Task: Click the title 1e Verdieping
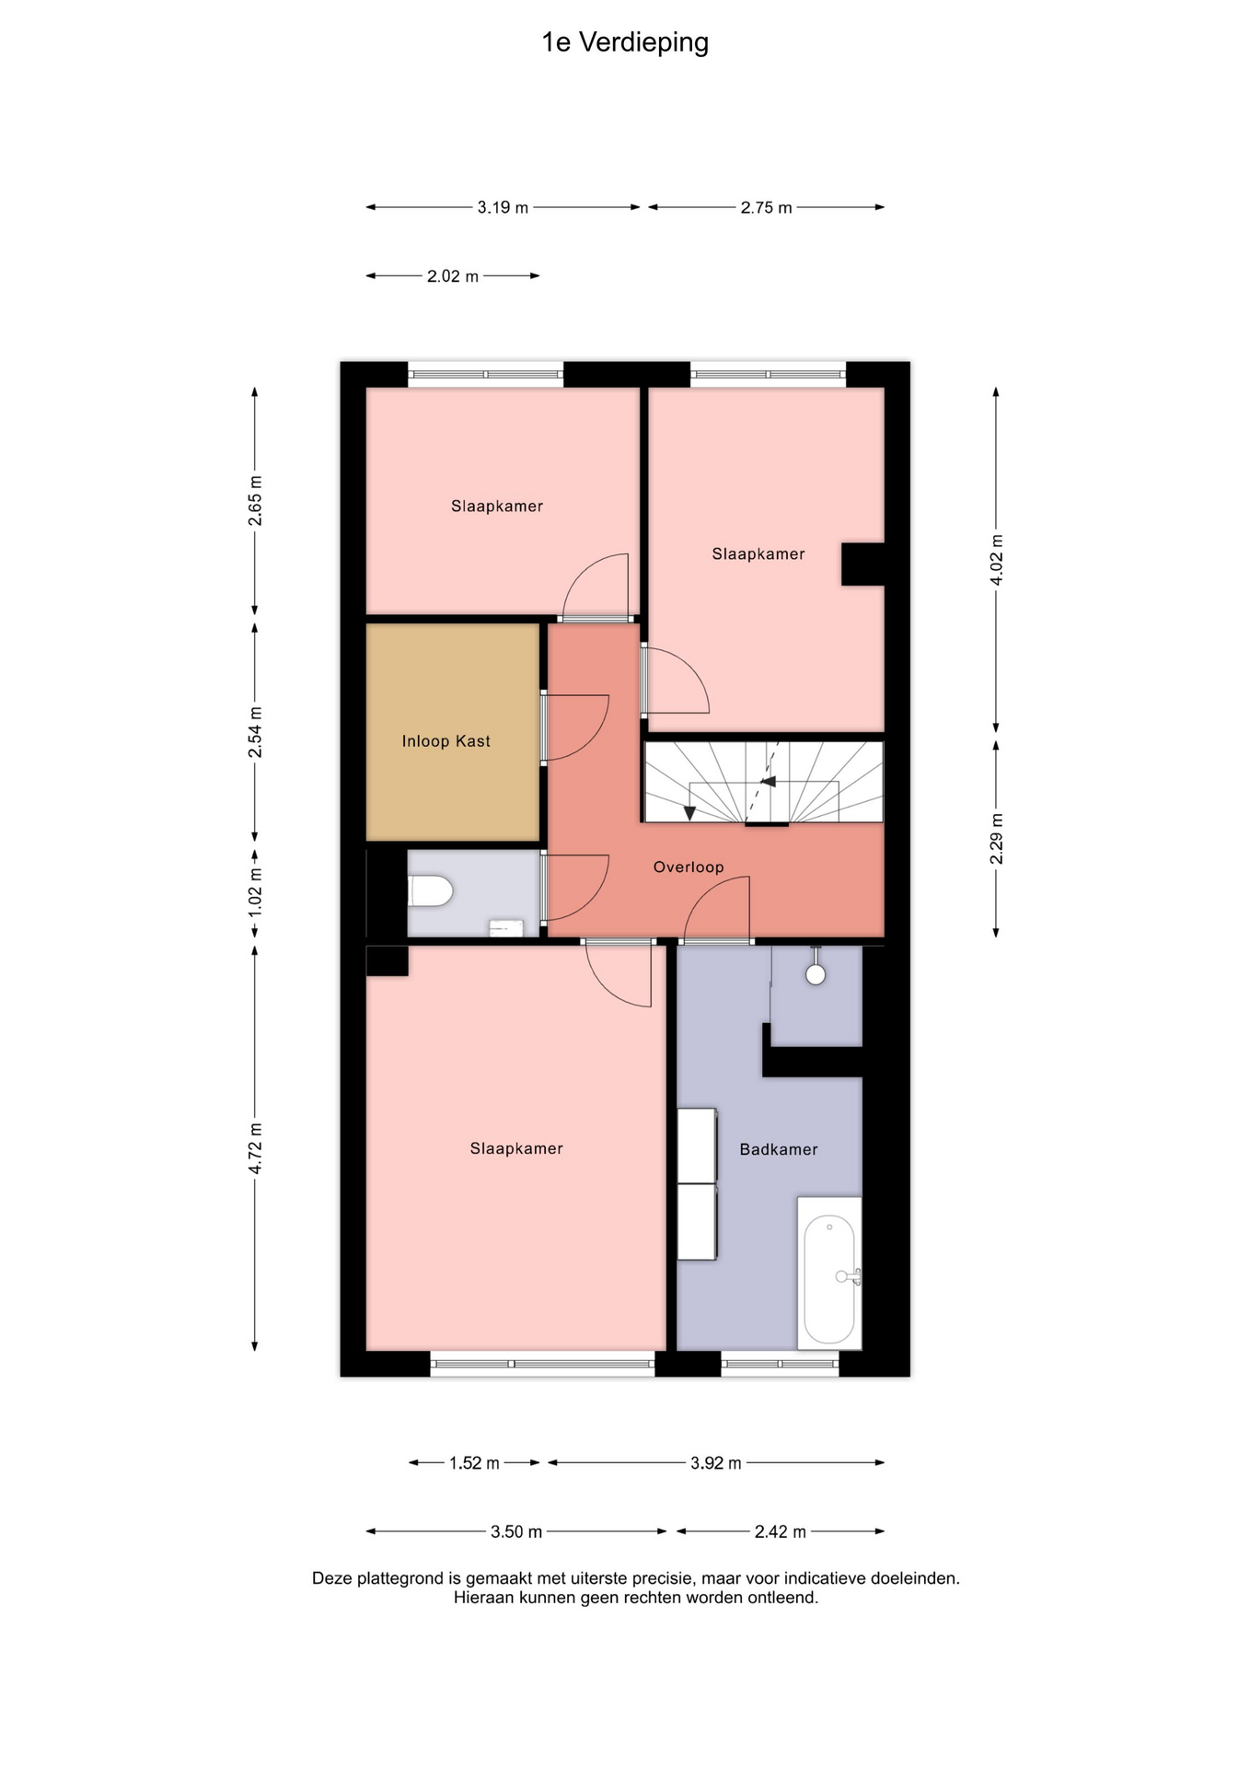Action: click(625, 43)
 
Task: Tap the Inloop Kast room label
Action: click(446, 741)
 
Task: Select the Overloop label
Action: click(689, 867)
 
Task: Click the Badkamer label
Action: click(779, 1149)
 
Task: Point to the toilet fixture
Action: click(431, 890)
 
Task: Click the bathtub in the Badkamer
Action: click(829, 1274)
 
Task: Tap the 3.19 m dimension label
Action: click(503, 207)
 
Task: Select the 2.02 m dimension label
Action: click(453, 276)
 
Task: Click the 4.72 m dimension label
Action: click(256, 1148)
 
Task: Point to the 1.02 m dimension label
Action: click(256, 891)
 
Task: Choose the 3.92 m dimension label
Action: click(716, 1463)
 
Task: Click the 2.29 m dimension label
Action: click(997, 839)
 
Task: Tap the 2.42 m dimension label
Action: click(781, 1531)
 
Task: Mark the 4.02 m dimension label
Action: click(997, 559)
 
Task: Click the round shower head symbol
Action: click(816, 974)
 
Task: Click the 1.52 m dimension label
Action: click(474, 1463)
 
